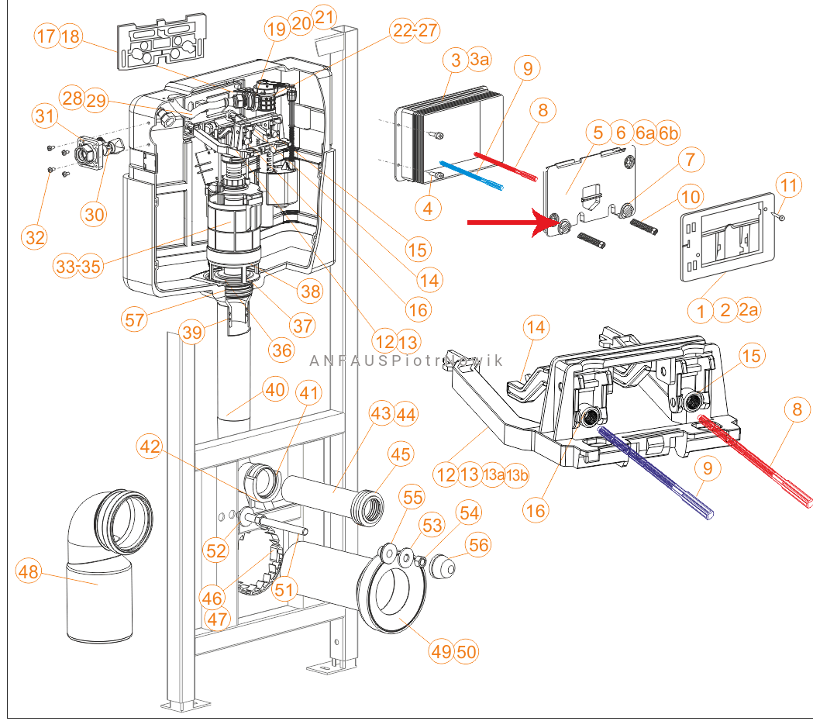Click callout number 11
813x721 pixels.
click(x=787, y=186)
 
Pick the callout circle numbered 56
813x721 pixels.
click(x=478, y=545)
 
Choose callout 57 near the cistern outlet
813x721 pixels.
click(x=135, y=319)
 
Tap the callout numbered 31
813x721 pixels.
click(x=46, y=117)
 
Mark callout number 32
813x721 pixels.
click(x=35, y=238)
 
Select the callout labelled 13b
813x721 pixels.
click(x=517, y=475)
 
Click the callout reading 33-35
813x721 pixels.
click(x=78, y=267)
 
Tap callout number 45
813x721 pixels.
click(x=401, y=454)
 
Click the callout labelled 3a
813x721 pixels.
click(x=479, y=60)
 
